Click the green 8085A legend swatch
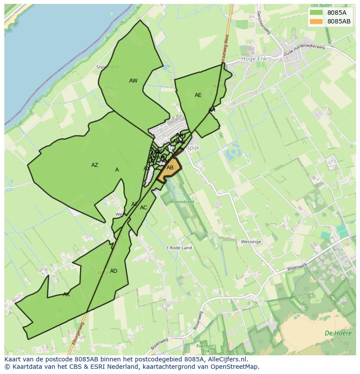coord(317,13)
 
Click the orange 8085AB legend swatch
coord(317,21)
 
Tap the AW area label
coord(133,81)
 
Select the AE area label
coord(198,95)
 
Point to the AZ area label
coord(94,165)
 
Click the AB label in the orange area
coord(170,168)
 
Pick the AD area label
coord(113,271)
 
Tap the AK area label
coord(66,295)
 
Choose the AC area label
coord(143,208)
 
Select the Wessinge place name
coord(251,242)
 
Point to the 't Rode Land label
coord(179,248)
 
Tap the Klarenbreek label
coord(183,202)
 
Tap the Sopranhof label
coord(107,67)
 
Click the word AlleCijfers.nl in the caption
coord(226,359)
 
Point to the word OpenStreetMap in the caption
coord(235,367)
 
